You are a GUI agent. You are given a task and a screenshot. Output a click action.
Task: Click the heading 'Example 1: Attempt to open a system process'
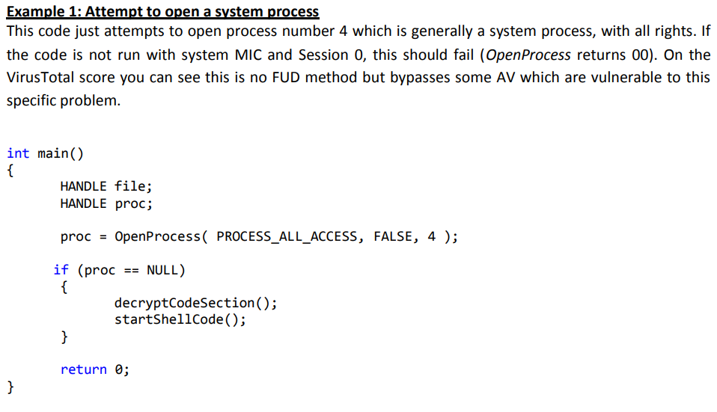[162, 12]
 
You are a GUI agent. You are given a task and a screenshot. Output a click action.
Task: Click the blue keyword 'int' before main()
[18, 153]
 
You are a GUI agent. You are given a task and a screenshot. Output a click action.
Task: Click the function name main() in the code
[61, 153]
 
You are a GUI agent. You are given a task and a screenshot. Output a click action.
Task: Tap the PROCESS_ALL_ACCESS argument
[287, 237]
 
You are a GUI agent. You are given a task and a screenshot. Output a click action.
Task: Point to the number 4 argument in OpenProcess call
[431, 237]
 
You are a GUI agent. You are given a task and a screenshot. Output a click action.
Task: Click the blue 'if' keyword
[61, 270]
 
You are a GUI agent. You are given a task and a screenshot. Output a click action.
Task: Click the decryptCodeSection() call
[195, 303]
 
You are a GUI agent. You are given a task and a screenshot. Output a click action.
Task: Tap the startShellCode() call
[180, 319]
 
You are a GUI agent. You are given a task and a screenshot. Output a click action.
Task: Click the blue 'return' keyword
[83, 369]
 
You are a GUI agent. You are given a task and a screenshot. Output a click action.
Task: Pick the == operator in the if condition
[130, 270]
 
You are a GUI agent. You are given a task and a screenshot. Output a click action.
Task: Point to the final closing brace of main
[10, 386]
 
